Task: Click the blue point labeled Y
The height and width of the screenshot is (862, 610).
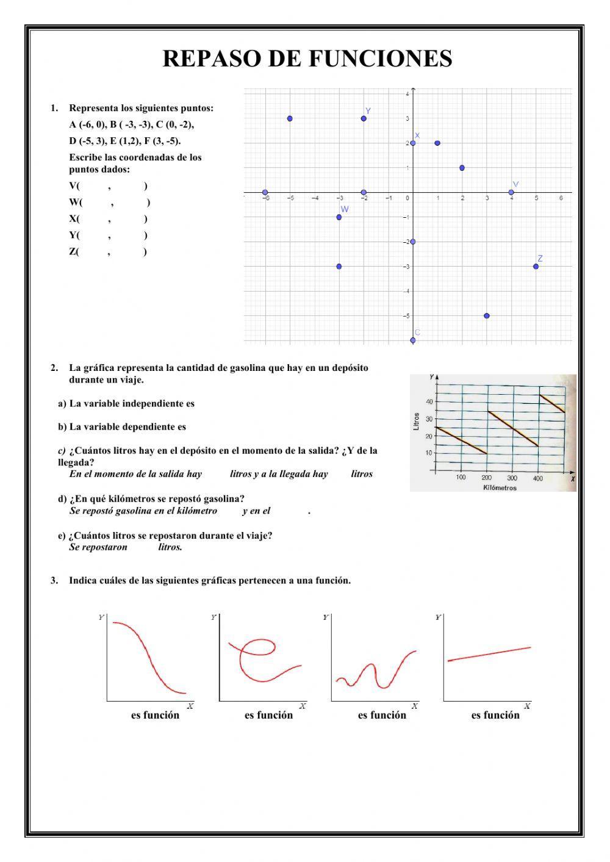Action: (364, 118)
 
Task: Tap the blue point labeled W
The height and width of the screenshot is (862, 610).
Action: (339, 217)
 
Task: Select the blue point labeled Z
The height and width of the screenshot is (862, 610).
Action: (536, 267)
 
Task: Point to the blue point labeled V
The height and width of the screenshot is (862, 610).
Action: (511, 192)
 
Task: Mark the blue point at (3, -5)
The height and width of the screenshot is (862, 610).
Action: (487, 316)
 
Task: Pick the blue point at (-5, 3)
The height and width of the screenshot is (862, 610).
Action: (290, 118)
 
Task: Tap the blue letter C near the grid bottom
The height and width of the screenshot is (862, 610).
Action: (418, 332)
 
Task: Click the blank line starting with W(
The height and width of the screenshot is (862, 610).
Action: (109, 203)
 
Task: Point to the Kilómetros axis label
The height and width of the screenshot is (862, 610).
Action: (500, 487)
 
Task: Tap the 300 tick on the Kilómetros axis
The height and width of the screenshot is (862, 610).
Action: (512, 478)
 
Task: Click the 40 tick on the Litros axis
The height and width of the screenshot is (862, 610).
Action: (429, 401)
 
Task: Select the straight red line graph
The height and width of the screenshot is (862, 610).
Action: (489, 653)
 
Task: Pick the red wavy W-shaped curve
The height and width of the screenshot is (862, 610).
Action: (375, 672)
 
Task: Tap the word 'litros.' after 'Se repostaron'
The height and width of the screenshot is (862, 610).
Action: (170, 547)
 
